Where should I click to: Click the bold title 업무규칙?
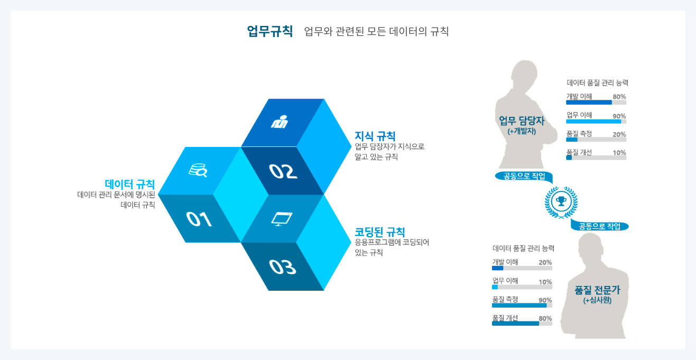(270, 31)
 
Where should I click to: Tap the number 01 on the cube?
(199, 219)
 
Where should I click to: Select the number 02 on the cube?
(283, 171)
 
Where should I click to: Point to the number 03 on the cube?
(282, 267)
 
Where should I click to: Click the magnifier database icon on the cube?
(198, 170)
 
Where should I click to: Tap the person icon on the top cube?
(280, 122)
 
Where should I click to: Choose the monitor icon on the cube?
(282, 218)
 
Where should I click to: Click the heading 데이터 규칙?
(129, 184)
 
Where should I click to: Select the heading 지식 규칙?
(375, 136)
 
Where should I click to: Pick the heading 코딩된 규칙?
(380, 232)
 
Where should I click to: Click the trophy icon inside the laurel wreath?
(561, 201)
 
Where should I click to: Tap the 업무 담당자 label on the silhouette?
(522, 121)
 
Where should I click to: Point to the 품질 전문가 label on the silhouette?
(597, 290)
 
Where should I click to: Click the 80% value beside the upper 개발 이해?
(619, 97)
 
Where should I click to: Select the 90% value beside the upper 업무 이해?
(619, 116)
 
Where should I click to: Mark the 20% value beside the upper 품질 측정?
(619, 134)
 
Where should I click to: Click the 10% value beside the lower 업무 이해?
(545, 282)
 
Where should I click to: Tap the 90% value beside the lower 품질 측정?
(545, 300)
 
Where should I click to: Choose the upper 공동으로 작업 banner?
(524, 176)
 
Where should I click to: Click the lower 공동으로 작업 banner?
(600, 226)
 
